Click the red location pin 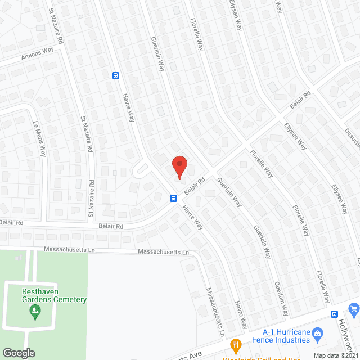(179, 166)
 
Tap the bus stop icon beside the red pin (174, 198)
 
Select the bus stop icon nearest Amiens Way (115, 76)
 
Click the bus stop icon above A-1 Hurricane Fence (334, 314)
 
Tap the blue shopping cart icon (354, 308)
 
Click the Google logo (18, 353)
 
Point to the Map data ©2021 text (335, 355)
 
